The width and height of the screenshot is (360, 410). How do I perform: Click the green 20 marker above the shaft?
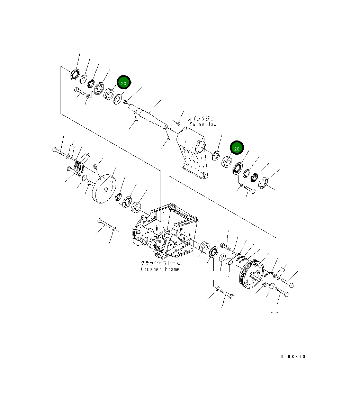point(124,82)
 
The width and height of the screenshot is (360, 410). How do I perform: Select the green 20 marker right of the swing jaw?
point(237,148)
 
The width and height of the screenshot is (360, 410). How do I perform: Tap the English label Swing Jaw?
point(203,124)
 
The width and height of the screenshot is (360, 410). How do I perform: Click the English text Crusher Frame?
point(160,269)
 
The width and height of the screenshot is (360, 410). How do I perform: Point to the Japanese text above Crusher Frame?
point(160,263)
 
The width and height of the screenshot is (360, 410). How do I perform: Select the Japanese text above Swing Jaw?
point(203,118)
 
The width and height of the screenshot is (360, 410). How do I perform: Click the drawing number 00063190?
point(295,357)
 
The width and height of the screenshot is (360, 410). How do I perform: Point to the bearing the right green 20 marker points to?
point(227,162)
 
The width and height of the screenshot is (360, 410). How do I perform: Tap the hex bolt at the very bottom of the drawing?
point(227,295)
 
